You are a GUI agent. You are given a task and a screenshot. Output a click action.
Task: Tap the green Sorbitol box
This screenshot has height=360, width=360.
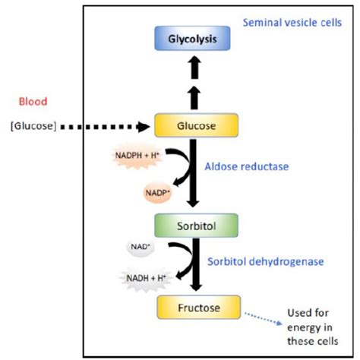197,226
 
